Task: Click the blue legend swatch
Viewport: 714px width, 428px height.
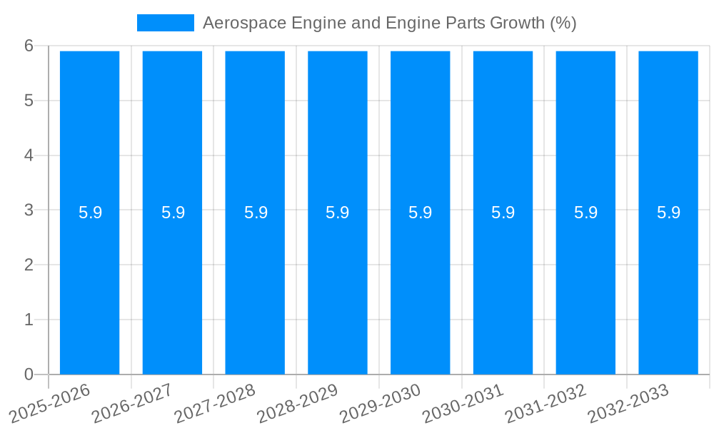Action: pyautogui.click(x=165, y=23)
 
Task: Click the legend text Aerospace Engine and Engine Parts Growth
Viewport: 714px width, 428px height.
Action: pyautogui.click(x=389, y=23)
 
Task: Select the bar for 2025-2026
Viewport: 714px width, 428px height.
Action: pyautogui.click(x=89, y=285)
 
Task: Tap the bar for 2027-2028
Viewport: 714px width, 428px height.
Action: pyautogui.click(x=255, y=285)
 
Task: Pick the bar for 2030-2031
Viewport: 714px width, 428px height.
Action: pyautogui.click(x=503, y=285)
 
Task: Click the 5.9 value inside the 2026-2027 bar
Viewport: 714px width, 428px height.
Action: pyautogui.click(x=173, y=213)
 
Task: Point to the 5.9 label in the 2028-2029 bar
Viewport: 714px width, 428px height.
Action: pyautogui.click(x=338, y=213)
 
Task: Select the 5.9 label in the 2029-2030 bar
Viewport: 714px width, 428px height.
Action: pyautogui.click(x=421, y=213)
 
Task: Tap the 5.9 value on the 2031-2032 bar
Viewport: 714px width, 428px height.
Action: pyautogui.click(x=585, y=213)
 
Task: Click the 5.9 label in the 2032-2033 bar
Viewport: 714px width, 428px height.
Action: pyautogui.click(x=668, y=213)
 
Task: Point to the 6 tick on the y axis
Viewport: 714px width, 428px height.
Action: pyautogui.click(x=29, y=46)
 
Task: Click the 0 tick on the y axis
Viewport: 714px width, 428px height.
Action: pyautogui.click(x=29, y=374)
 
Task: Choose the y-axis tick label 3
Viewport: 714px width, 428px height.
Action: pyautogui.click(x=29, y=210)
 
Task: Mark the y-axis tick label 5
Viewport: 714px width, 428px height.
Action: pyautogui.click(x=29, y=101)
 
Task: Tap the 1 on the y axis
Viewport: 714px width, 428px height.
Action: pyautogui.click(x=29, y=320)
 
